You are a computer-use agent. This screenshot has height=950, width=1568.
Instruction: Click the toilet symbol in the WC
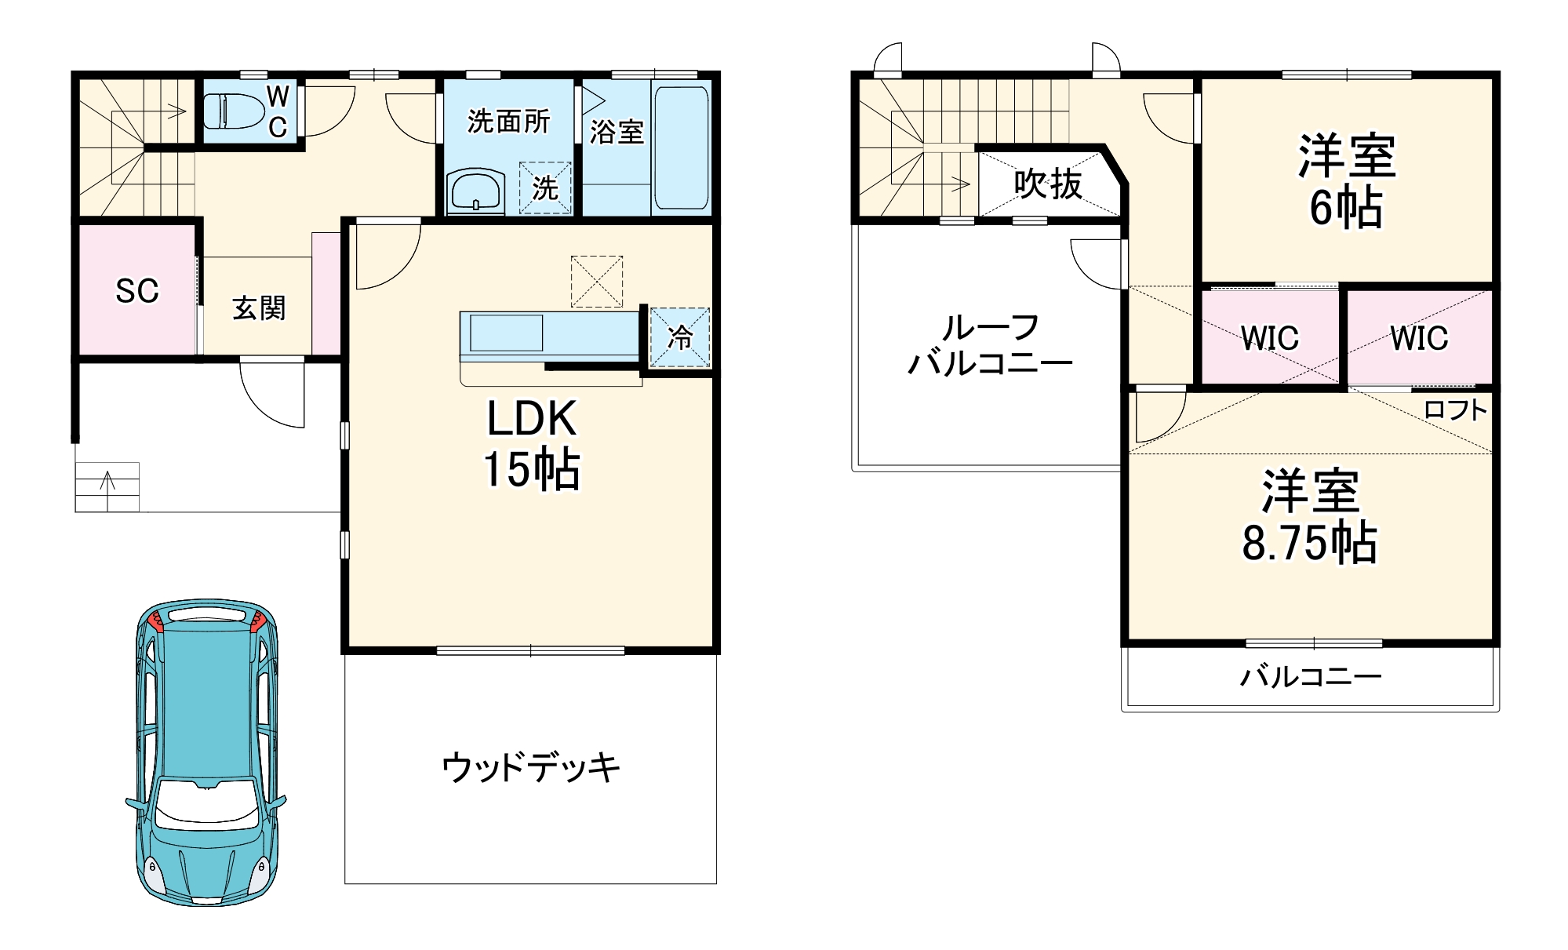[234, 111]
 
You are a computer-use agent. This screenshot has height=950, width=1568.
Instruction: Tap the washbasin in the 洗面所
[475, 191]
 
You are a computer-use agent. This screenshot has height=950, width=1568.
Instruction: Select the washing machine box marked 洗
[545, 188]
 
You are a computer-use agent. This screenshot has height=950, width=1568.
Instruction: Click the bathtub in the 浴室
[681, 147]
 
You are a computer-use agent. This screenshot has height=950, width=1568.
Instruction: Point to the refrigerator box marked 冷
[680, 337]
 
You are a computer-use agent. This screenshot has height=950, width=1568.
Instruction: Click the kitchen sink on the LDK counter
[506, 333]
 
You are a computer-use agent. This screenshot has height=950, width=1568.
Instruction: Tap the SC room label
[137, 291]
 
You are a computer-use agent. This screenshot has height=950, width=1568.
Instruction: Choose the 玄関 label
[259, 308]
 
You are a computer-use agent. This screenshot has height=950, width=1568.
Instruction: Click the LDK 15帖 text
[532, 443]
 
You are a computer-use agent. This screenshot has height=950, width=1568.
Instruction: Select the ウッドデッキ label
[531, 767]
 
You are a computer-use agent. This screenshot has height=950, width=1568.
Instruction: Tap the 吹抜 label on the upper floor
[1048, 184]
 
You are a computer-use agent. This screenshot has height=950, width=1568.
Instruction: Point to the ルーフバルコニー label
[990, 345]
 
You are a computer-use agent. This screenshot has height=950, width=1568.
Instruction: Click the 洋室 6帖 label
[1346, 182]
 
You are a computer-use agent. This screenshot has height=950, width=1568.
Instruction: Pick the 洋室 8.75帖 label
[1310, 516]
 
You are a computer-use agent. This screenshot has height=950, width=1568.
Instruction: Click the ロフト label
[1455, 409]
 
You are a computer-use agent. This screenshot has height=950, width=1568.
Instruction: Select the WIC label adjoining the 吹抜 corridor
[1269, 338]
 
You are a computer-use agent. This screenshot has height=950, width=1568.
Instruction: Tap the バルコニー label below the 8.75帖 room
[1310, 676]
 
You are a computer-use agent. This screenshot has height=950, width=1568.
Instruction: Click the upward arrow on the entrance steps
[107, 480]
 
